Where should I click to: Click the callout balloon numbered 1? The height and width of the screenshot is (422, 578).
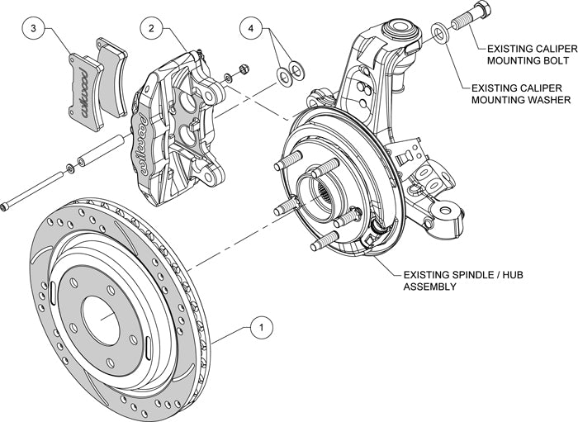point(262,328)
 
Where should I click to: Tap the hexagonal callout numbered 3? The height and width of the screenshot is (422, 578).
point(33,30)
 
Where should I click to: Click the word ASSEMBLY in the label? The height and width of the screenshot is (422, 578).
point(433,287)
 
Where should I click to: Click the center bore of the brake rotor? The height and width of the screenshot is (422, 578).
point(101,318)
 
